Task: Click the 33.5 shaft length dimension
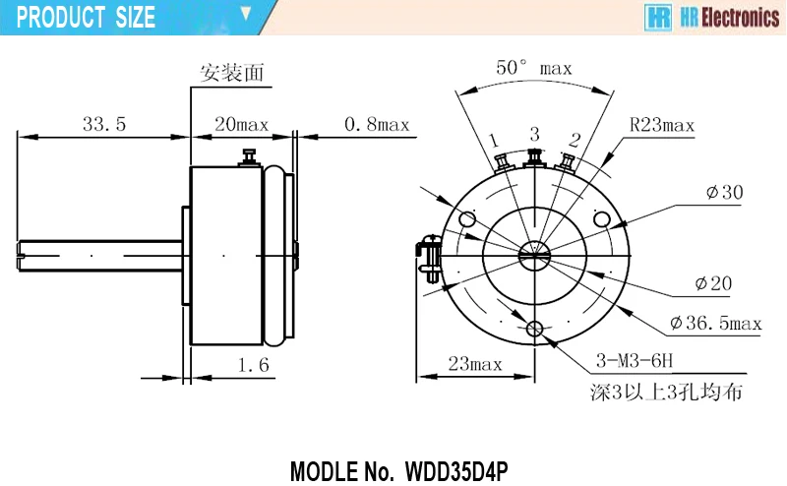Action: tap(104, 124)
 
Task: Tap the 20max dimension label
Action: tap(241, 124)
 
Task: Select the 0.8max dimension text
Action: tap(377, 124)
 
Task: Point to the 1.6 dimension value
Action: tap(254, 364)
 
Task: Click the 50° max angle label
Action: tap(534, 67)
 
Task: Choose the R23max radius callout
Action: tap(662, 125)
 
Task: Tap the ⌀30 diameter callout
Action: tap(724, 192)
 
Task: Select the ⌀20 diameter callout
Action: tap(714, 283)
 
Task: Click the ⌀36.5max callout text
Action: tap(716, 323)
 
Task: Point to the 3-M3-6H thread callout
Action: tap(635, 360)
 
